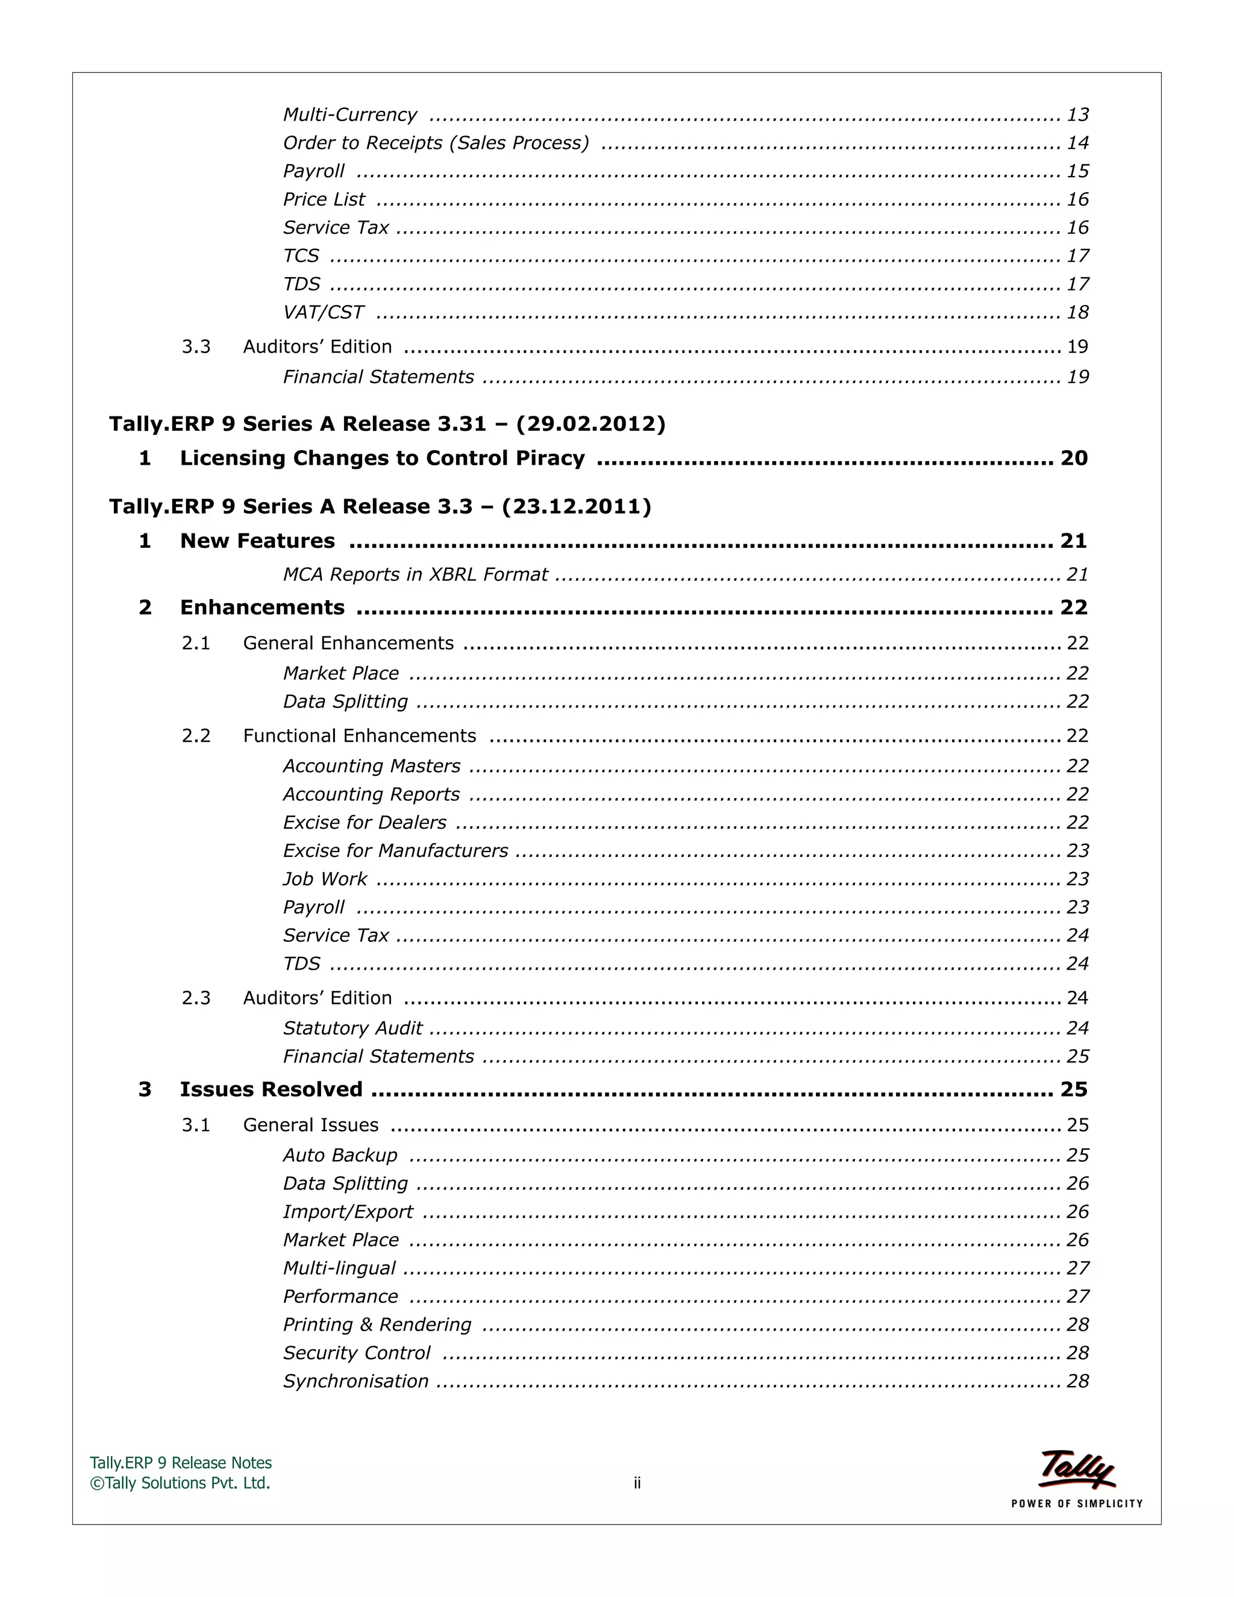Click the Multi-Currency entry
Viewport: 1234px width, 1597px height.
point(349,115)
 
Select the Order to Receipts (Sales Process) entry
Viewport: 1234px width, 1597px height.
point(436,143)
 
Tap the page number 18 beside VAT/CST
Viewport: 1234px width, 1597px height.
point(1077,312)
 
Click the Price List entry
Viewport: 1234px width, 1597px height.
point(324,199)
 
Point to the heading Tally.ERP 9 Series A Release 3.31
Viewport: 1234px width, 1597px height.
point(387,424)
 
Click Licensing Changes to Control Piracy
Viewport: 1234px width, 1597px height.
point(383,459)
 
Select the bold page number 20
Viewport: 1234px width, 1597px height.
point(1074,459)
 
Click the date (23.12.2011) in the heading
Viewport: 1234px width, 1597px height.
point(576,507)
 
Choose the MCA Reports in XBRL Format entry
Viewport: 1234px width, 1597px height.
point(415,575)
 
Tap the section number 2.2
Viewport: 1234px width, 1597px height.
point(196,736)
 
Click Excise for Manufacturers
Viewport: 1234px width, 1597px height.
point(395,850)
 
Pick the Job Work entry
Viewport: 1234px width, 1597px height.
point(325,879)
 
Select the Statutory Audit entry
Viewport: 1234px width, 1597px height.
point(352,1028)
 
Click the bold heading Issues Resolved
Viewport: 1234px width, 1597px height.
point(271,1090)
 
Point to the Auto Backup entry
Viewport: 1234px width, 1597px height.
point(340,1155)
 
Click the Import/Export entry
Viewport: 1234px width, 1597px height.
point(348,1212)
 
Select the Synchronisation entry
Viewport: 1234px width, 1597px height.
point(356,1381)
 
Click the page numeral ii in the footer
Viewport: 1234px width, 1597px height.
point(637,1483)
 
